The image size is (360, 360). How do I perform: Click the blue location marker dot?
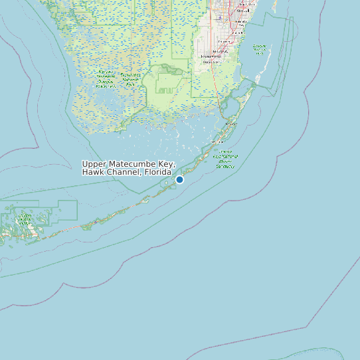[179, 179]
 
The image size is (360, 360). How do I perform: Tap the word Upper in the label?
[94, 164]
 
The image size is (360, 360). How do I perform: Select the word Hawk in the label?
[93, 173]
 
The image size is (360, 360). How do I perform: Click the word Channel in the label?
[123, 173]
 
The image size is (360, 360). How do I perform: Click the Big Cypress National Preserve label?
[105, 78]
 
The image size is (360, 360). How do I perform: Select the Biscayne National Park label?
[259, 50]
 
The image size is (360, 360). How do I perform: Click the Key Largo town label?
[231, 124]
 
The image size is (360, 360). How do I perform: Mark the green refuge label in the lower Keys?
[25, 219]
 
